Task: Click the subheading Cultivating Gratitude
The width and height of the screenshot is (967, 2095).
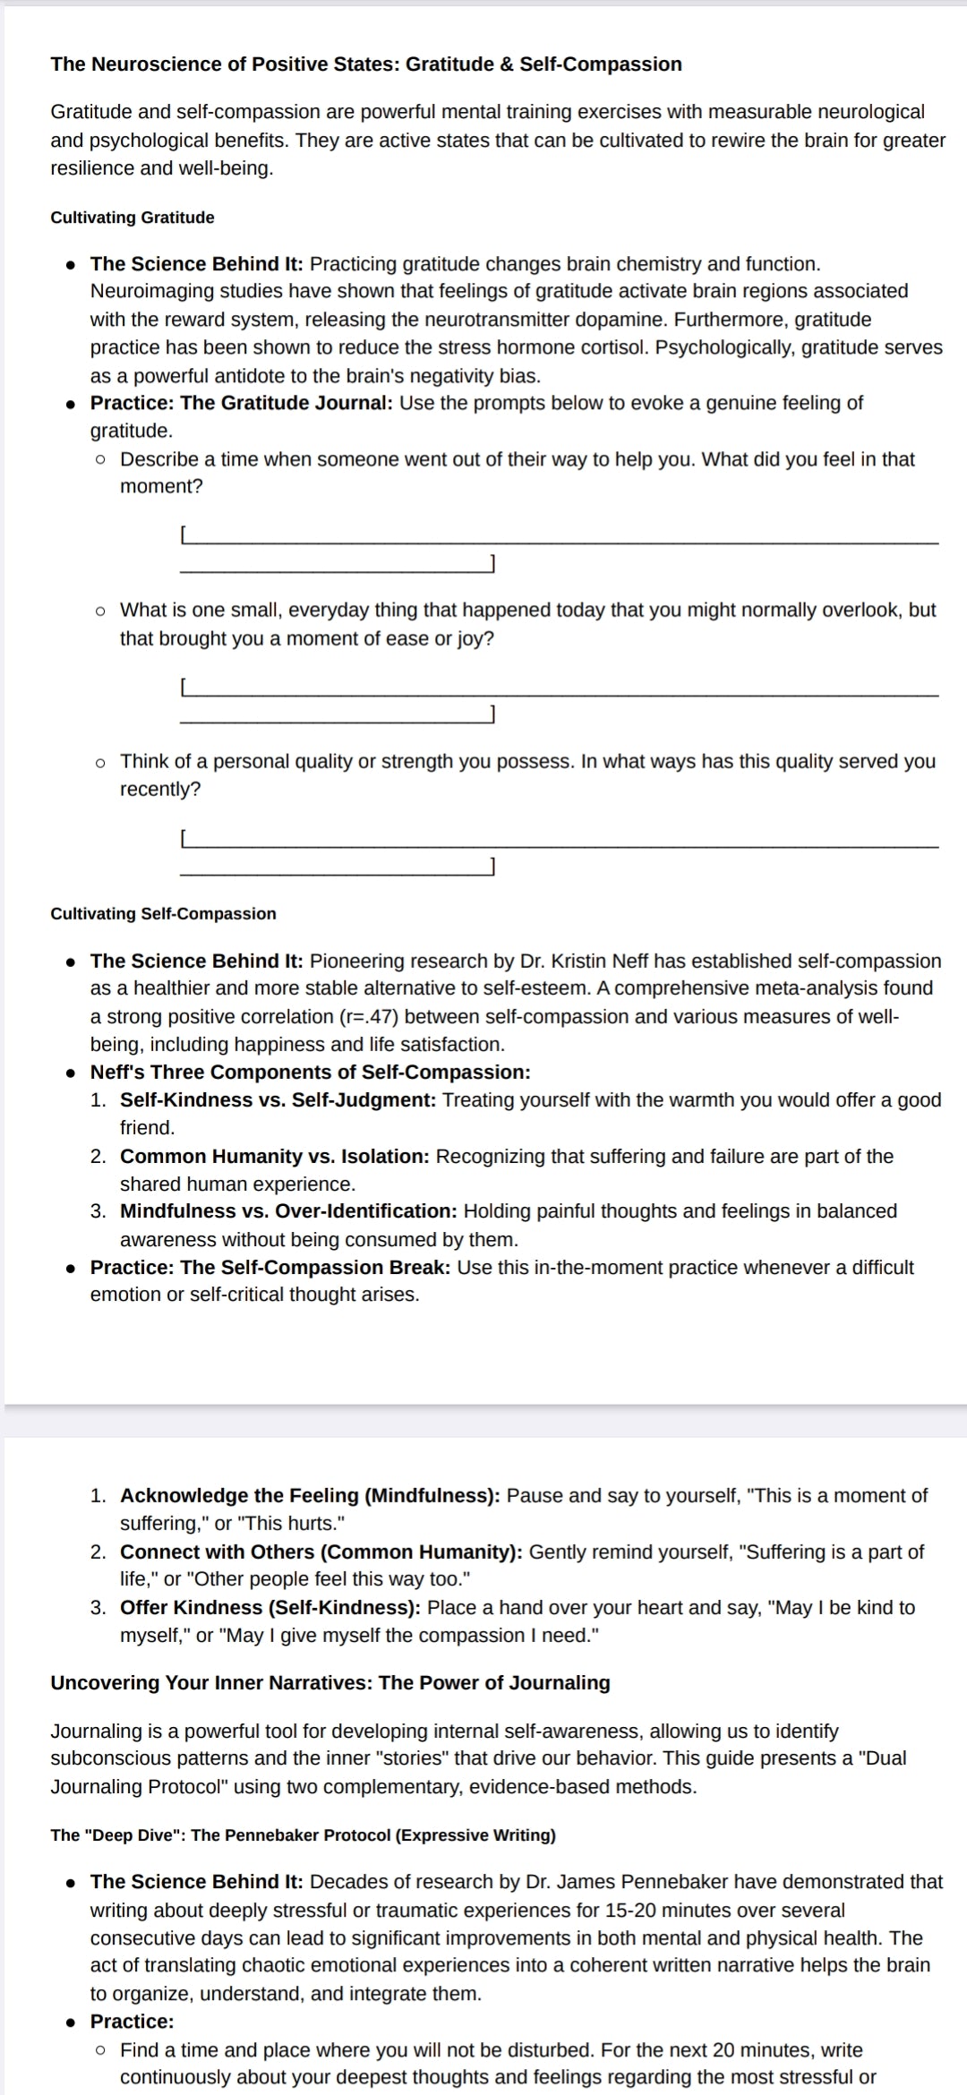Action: point(133,218)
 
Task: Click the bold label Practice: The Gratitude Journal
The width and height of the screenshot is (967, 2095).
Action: point(241,403)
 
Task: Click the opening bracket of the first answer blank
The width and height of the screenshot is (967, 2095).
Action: point(183,535)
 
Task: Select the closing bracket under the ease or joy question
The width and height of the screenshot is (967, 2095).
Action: point(492,714)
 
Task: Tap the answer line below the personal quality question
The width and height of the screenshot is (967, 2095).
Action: point(560,845)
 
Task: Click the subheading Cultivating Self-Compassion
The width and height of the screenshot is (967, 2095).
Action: point(163,914)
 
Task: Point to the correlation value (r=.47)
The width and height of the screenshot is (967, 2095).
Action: point(370,1017)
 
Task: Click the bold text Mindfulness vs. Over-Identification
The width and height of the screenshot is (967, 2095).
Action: point(288,1211)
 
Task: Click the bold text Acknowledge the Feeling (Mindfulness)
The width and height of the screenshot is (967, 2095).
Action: point(310,1496)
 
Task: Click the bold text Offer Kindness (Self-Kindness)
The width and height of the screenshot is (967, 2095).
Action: point(270,1608)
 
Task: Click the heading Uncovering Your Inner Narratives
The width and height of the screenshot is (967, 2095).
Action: point(210,1683)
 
